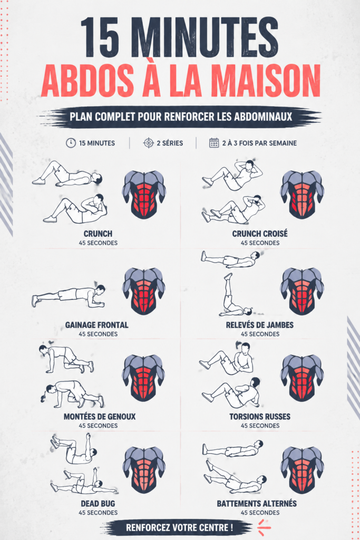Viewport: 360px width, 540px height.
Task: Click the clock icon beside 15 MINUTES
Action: tap(71, 143)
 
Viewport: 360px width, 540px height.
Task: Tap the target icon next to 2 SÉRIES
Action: tap(148, 143)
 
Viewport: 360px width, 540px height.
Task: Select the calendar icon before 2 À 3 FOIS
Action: tap(214, 143)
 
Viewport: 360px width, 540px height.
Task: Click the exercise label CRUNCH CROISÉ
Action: tap(260, 234)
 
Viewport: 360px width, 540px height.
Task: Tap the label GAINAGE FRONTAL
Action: tap(96, 325)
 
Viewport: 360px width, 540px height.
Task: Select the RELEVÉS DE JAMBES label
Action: tap(260, 325)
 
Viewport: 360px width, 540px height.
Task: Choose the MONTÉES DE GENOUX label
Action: tap(100, 417)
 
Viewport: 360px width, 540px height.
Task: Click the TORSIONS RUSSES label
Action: tap(260, 417)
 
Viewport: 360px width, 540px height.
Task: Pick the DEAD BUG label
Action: tap(98, 504)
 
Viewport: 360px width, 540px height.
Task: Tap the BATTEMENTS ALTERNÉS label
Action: tap(257, 504)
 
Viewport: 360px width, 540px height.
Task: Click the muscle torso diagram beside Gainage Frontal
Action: tap(144, 291)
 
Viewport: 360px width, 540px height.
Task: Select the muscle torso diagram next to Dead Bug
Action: tap(144, 470)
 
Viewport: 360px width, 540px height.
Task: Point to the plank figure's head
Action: tap(100, 290)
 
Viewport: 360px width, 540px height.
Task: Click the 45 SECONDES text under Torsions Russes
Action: tap(260, 426)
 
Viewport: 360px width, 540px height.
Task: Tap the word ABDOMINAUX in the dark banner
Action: tap(263, 117)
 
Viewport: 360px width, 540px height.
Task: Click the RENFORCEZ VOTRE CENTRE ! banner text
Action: tap(179, 527)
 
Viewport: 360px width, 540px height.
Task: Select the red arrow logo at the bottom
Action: tap(264, 527)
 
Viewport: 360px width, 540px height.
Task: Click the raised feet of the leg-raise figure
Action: tap(228, 276)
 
